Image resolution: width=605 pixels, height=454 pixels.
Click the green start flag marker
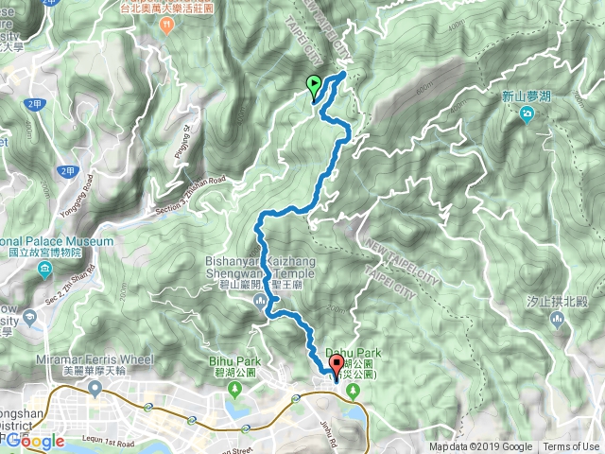point(314,86)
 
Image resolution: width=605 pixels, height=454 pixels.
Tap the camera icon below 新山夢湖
point(527,114)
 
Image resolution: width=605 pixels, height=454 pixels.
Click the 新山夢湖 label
point(526,96)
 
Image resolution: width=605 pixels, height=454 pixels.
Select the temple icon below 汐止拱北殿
point(556,321)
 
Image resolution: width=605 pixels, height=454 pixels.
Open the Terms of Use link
point(571,447)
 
